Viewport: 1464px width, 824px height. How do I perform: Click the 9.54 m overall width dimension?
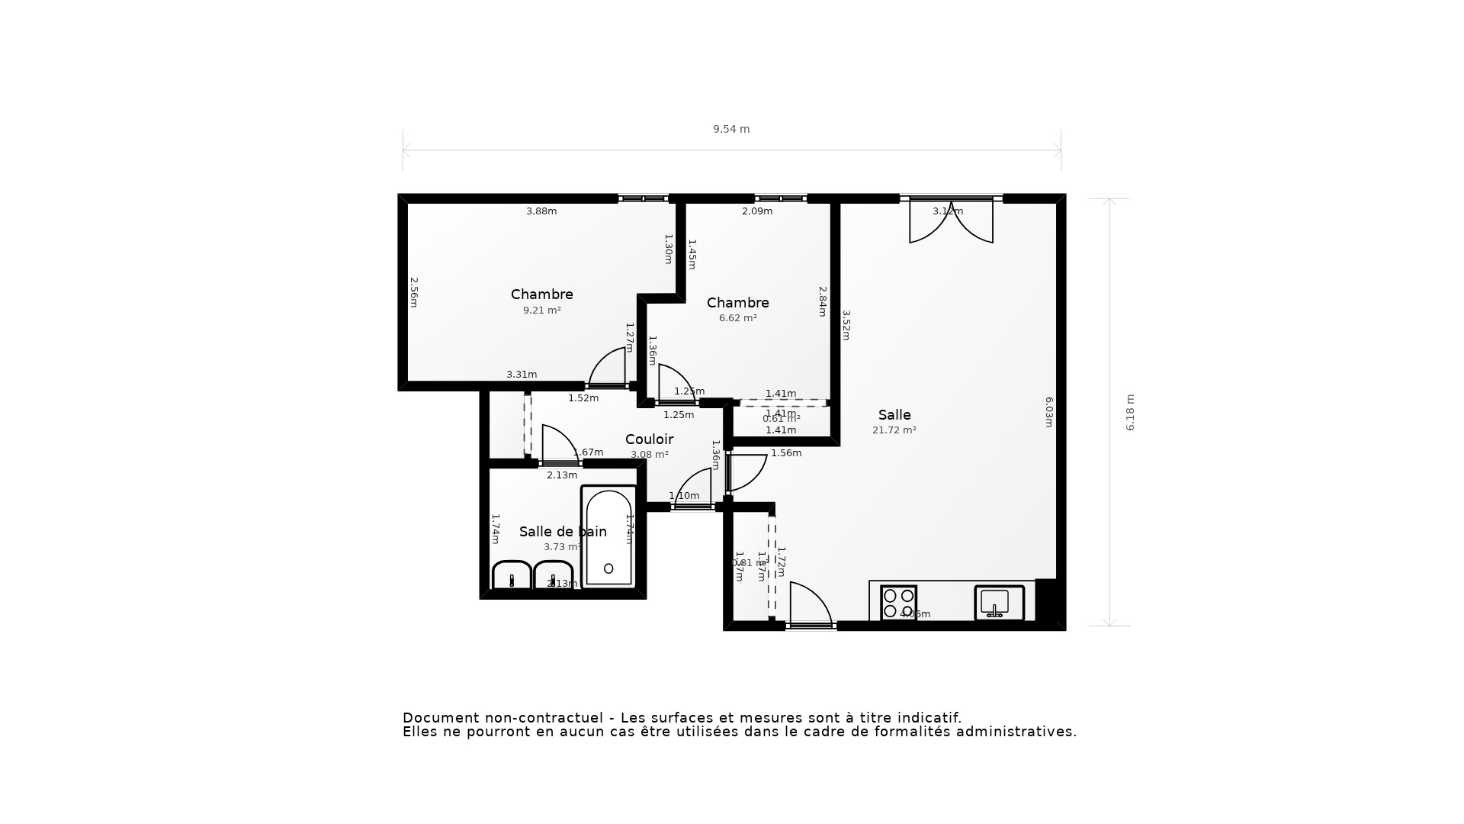point(731,129)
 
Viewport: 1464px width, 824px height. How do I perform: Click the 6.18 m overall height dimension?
point(1130,412)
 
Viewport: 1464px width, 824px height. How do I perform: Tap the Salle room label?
point(894,415)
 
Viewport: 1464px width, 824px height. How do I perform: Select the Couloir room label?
point(649,439)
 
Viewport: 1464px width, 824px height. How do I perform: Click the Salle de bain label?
point(563,532)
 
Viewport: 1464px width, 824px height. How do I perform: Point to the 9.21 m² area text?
point(541,311)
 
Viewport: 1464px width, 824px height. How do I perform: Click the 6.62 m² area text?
point(737,318)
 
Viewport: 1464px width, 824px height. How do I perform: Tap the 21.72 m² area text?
point(894,430)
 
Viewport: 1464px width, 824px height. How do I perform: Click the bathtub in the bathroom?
point(608,537)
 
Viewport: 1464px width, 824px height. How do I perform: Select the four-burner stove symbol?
point(898,603)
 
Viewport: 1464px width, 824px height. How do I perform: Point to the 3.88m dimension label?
point(541,211)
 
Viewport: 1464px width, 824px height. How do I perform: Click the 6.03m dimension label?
point(1049,412)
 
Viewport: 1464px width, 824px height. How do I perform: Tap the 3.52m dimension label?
point(846,324)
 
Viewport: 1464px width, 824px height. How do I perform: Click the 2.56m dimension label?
point(414,292)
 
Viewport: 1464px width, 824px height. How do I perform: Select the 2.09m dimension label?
point(757,211)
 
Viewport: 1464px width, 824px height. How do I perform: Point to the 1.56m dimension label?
point(786,453)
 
